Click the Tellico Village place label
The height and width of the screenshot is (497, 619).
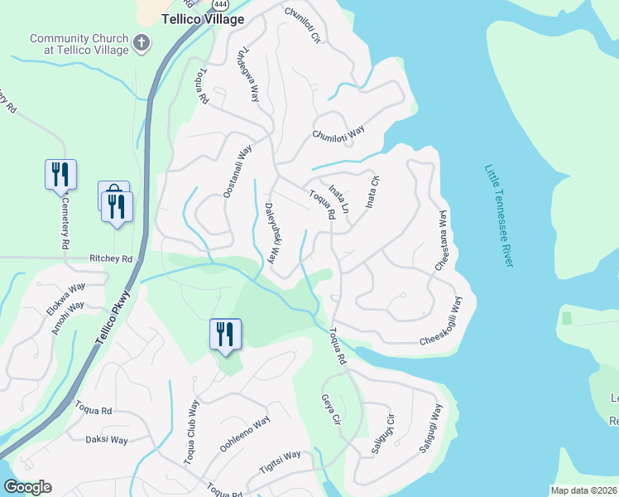point(203,18)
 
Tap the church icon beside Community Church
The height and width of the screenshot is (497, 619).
point(142,41)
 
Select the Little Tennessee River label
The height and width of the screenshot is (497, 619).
point(499,215)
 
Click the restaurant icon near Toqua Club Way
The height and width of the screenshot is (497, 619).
point(225,335)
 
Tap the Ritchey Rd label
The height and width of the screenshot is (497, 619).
point(111,259)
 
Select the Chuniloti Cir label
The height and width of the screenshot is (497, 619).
point(301,25)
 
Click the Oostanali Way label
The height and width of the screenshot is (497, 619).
point(237,172)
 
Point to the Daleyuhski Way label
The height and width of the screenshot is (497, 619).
point(270,229)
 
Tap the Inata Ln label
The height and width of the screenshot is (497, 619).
point(338,200)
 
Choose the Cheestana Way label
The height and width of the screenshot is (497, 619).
point(441,239)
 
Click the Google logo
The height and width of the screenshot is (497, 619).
point(27,487)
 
